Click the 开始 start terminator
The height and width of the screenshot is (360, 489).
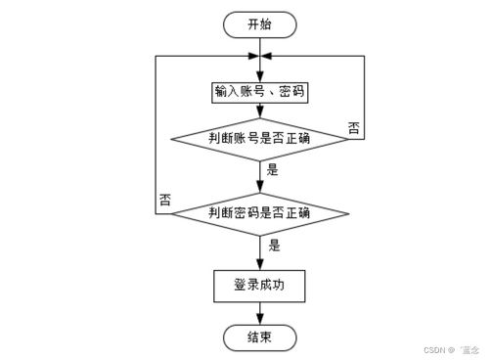(259, 22)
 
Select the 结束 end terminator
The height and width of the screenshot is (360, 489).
(259, 337)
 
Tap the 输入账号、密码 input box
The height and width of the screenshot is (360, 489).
(259, 93)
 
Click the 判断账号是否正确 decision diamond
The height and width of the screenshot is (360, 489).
(259, 139)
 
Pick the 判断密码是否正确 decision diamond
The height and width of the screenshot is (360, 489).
(259, 212)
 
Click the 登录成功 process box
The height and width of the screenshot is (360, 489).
(259, 286)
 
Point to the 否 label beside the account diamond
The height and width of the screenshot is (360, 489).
(354, 127)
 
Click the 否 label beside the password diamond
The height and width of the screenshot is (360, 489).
(164, 200)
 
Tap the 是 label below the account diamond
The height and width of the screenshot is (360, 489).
(273, 168)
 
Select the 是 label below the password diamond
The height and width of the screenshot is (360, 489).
(274, 245)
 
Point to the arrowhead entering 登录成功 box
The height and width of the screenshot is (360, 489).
(259, 264)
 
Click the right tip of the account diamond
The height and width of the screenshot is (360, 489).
(347, 139)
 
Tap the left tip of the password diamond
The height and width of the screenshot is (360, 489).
(171, 212)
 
